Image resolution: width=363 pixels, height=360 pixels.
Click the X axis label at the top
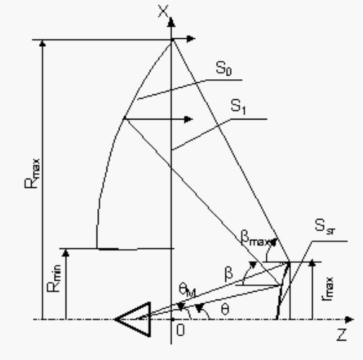click(x=163, y=12)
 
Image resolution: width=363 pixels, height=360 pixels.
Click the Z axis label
click(x=342, y=335)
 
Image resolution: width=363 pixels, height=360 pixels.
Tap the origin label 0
click(x=181, y=330)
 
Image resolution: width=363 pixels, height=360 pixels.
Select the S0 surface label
click(x=224, y=68)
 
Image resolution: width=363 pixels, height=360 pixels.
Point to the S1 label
click(x=238, y=107)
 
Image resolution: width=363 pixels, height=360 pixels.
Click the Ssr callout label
click(x=325, y=226)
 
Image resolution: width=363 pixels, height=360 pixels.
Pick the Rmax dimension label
click(x=32, y=174)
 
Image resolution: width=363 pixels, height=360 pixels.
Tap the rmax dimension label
click(x=327, y=289)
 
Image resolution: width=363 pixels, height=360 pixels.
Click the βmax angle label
click(x=258, y=238)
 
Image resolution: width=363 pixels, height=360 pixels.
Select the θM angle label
click(x=187, y=290)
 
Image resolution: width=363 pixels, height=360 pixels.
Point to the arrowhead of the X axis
click(x=171, y=22)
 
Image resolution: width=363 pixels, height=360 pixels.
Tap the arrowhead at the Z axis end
click(x=349, y=320)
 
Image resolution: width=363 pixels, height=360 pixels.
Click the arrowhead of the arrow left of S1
click(x=189, y=120)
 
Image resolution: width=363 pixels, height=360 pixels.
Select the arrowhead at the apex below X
click(x=191, y=39)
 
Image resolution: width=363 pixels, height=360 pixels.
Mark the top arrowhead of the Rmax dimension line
click(x=42, y=43)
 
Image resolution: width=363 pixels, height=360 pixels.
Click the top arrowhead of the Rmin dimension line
click(x=66, y=253)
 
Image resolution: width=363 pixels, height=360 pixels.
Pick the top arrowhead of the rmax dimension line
click(x=312, y=263)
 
